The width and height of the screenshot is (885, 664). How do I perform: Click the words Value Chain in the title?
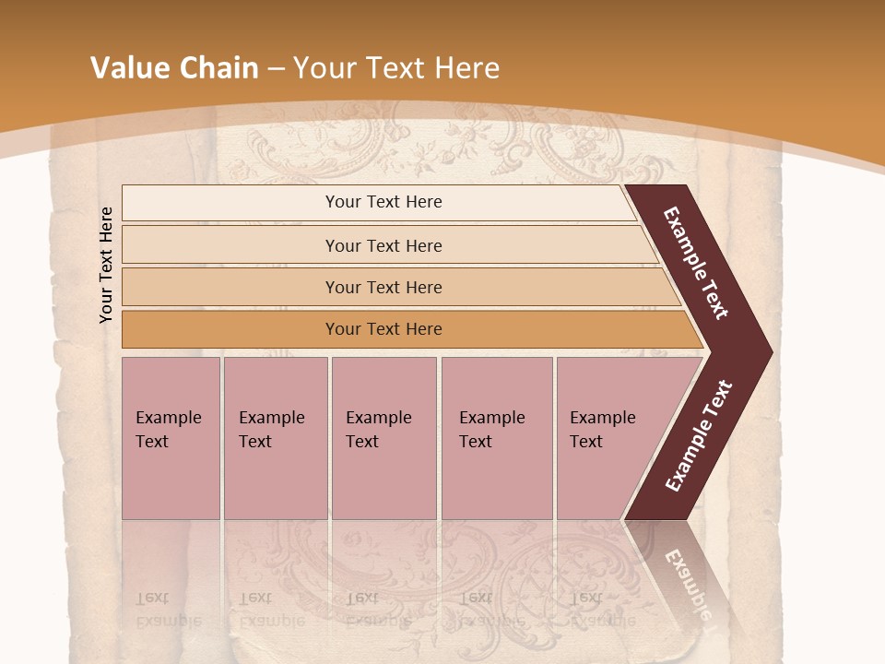tap(174, 68)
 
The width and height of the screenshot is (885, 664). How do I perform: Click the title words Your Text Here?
tap(396, 68)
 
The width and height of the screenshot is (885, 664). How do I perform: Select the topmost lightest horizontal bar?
tap(378, 202)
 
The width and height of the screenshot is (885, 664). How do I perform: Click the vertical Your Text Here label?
tap(106, 265)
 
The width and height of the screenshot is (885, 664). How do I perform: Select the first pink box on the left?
tap(171, 438)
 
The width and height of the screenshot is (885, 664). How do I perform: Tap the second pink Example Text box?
tap(276, 438)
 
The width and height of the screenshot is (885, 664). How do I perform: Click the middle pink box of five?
tap(383, 438)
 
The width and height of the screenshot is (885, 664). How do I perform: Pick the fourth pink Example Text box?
tap(497, 438)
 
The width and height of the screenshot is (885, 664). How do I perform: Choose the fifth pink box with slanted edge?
tap(608, 438)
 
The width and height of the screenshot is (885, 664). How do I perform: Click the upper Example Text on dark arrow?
tap(696, 263)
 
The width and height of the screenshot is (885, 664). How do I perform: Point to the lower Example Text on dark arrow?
tap(699, 435)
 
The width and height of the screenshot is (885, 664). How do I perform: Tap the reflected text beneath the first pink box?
tap(168, 610)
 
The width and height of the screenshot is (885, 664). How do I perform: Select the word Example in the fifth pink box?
tap(603, 418)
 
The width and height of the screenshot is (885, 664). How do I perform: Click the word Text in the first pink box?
tap(152, 442)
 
